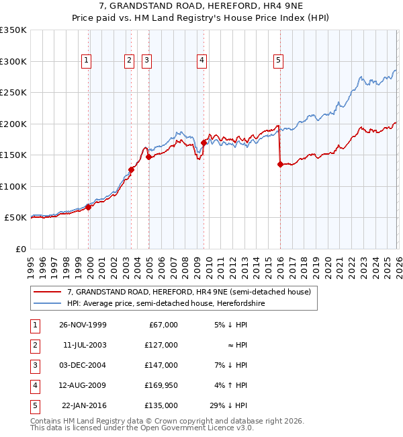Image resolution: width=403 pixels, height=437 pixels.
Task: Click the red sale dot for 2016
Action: (279, 163)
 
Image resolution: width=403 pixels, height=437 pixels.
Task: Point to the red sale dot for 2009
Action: (204, 143)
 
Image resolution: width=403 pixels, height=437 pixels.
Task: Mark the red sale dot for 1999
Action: (88, 207)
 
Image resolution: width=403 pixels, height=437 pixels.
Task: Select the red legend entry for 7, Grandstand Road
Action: (189, 292)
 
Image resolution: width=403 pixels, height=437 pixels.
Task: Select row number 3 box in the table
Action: (33, 365)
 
